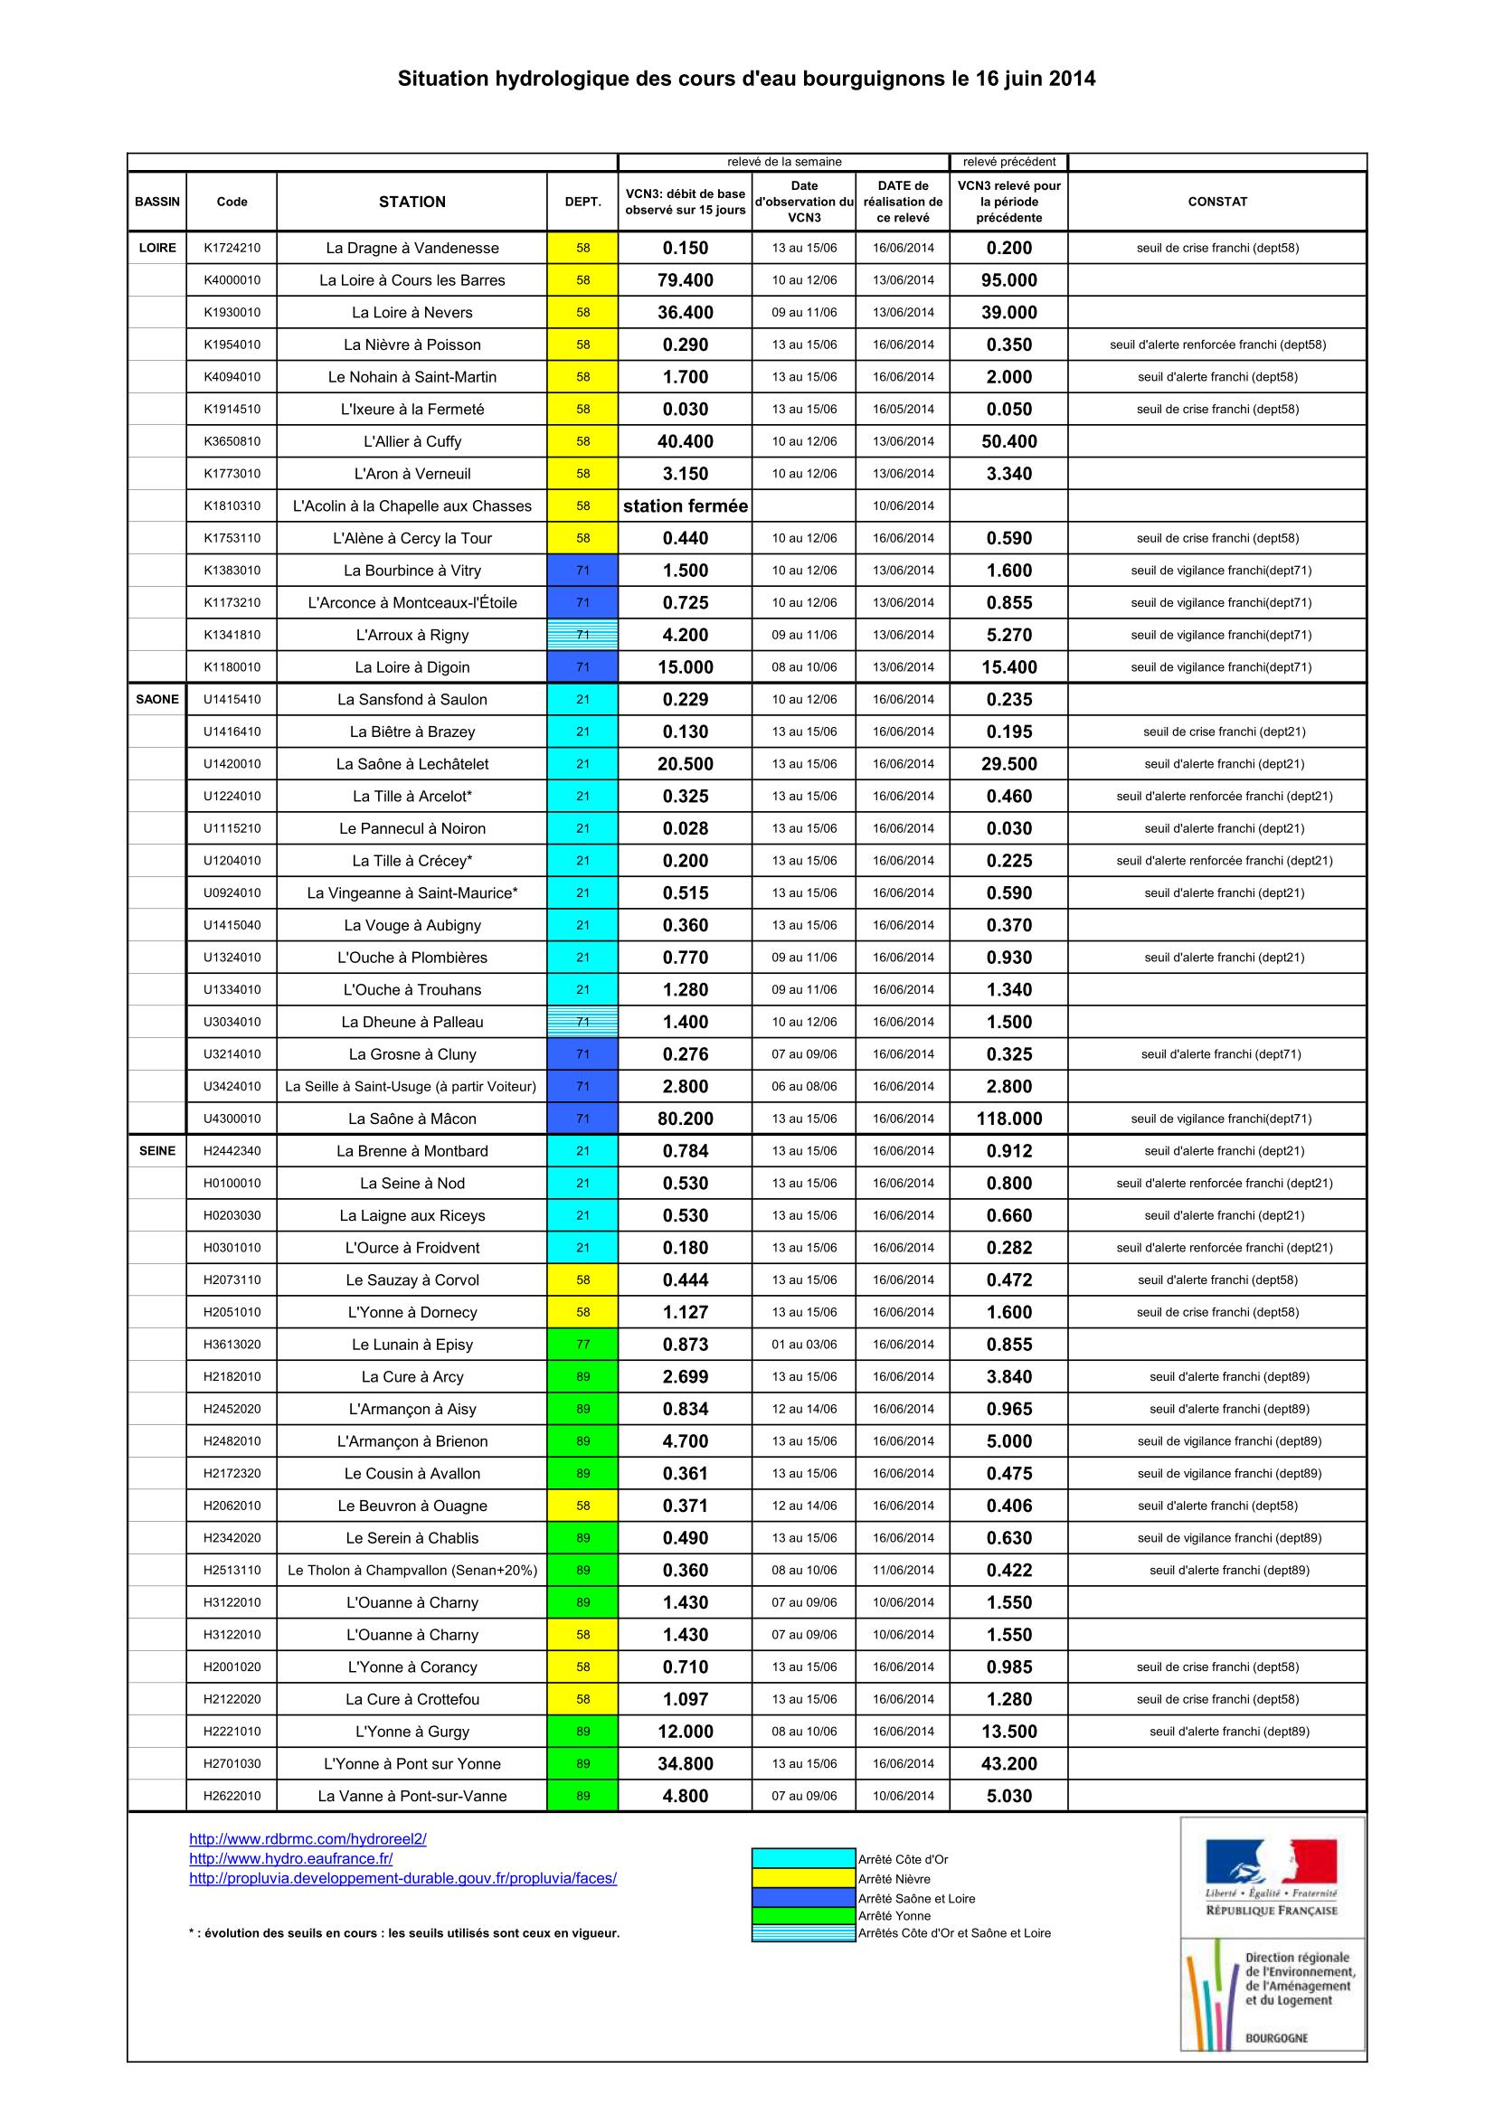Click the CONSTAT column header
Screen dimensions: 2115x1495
[x=1216, y=202]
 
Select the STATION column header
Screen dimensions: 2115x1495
[x=412, y=202]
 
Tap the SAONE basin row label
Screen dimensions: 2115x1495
[x=157, y=699]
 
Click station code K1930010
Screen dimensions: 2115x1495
[x=232, y=312]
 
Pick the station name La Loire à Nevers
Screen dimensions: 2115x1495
[x=412, y=312]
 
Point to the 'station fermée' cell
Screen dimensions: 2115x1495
[x=686, y=505]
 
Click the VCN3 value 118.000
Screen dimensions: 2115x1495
[x=1008, y=1119]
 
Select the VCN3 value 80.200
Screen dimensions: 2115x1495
[x=686, y=1119]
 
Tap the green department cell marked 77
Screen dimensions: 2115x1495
[x=582, y=1344]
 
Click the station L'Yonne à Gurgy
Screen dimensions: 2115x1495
[x=412, y=1731]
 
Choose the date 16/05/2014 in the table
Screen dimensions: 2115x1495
[x=903, y=409]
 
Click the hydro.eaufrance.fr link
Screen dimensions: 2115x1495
[x=291, y=1858]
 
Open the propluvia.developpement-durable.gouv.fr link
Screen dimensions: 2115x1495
[x=402, y=1877]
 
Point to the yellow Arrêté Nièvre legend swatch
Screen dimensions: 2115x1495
[x=803, y=1878]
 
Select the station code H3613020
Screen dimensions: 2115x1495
[x=232, y=1344]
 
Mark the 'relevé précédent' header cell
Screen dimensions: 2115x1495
[x=1008, y=162]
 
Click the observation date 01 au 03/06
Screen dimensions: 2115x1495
[x=804, y=1344]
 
